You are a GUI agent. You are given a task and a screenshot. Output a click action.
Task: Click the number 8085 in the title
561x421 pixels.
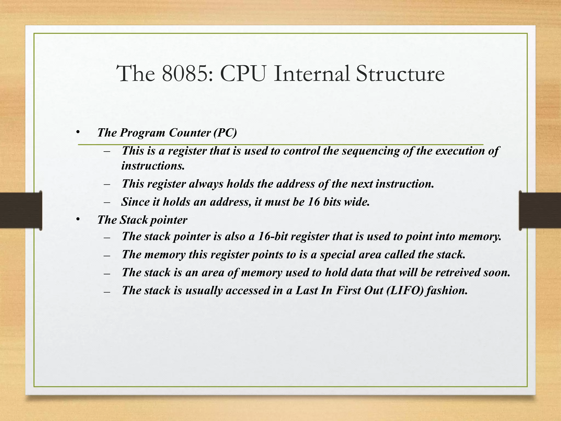coord(185,74)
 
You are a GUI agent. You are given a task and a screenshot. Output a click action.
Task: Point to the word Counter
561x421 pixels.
coord(190,133)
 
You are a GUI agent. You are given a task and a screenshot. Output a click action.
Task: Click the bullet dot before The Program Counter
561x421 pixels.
coord(78,133)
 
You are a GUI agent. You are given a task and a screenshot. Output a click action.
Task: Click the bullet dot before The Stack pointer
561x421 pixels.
coord(78,219)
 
